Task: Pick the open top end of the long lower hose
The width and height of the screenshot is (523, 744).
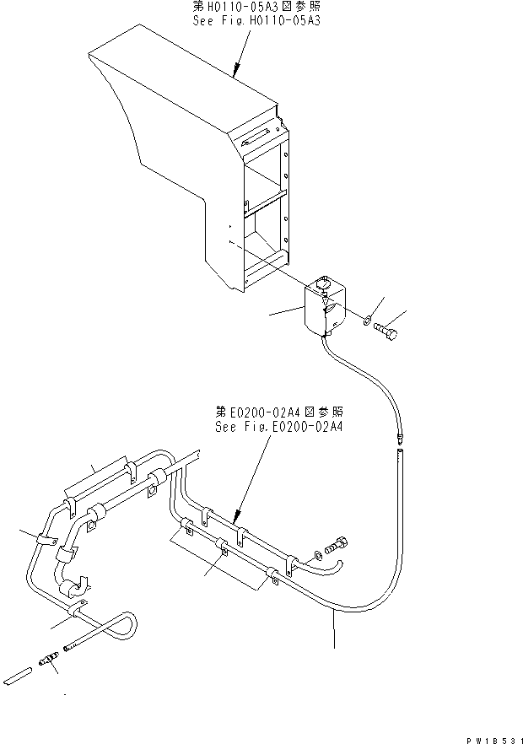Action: coord(399,456)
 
